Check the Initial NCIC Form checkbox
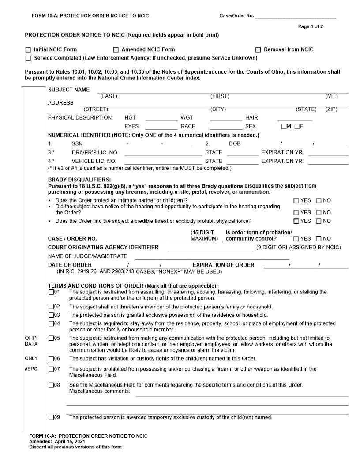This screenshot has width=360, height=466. click(28, 50)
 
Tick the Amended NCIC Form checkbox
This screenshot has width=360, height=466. click(116, 50)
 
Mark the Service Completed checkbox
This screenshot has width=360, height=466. click(28, 58)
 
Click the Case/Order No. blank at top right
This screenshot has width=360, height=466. click(296, 16)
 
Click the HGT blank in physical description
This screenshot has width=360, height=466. click(161, 118)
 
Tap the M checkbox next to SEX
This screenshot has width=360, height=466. click(285, 127)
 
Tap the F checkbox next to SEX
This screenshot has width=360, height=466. click(297, 127)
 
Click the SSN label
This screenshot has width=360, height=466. click(77, 144)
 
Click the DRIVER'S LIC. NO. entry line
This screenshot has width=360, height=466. click(163, 153)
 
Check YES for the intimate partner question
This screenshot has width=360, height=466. click(296, 201)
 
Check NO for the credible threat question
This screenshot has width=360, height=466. click(319, 221)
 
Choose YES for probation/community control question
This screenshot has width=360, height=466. click(296, 239)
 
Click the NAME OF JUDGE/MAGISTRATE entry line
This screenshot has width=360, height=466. click(212, 256)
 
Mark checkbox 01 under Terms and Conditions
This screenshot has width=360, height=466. click(51, 292)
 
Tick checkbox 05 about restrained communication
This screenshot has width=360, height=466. click(51, 338)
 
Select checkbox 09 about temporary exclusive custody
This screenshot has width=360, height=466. click(51, 417)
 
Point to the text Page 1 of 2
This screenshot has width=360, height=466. click(311, 26)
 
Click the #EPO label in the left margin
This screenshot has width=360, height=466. click(31, 369)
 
